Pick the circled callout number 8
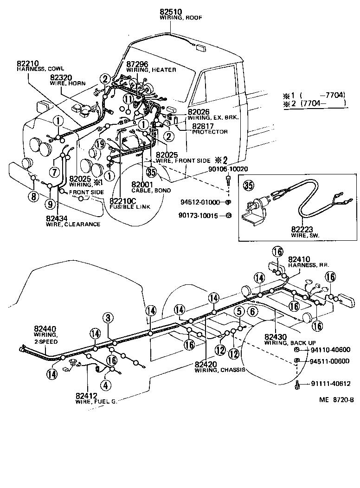point(33,196)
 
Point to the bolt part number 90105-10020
point(222,169)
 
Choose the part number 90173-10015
point(199,215)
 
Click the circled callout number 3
point(108,318)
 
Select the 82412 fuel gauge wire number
point(87,396)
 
